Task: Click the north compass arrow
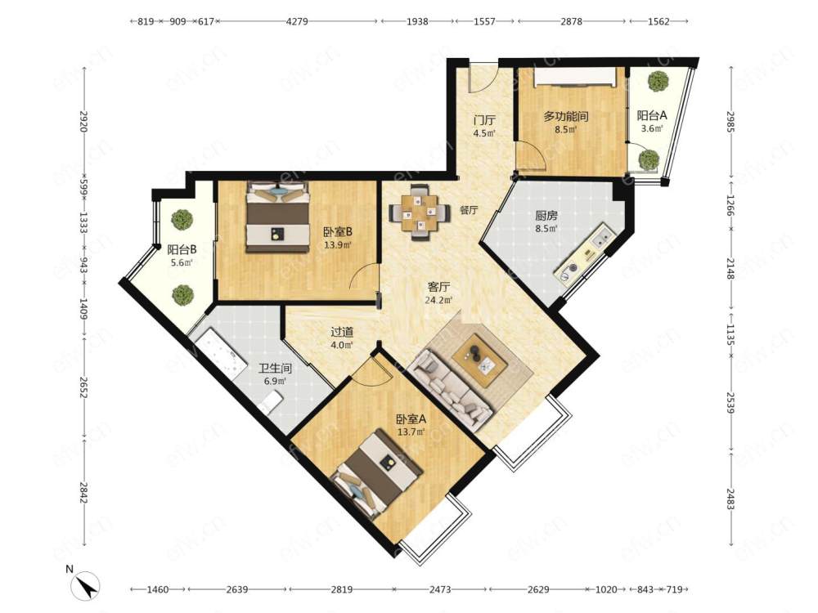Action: (88, 586)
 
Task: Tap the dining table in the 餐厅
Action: (420, 213)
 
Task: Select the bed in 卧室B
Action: (277, 217)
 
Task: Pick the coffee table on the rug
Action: (479, 360)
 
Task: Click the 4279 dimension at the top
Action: (298, 21)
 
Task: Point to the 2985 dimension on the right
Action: (730, 122)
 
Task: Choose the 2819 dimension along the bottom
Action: (341, 589)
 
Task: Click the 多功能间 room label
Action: (565, 116)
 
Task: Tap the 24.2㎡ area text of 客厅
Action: (438, 300)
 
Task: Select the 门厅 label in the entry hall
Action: (483, 120)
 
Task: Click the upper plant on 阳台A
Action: (658, 81)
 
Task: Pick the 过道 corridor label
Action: (342, 332)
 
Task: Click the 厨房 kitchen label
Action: (546, 215)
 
